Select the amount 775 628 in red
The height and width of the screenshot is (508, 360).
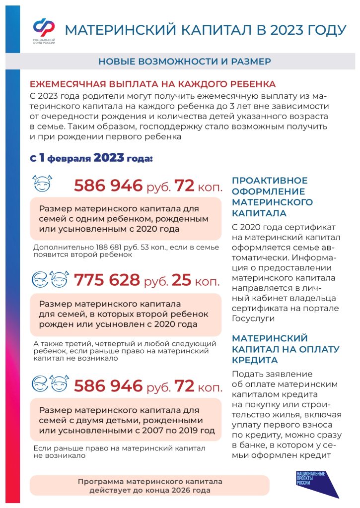click(x=107, y=280)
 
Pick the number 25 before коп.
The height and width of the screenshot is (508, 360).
click(x=181, y=280)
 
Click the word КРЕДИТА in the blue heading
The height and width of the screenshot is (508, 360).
click(x=254, y=360)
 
